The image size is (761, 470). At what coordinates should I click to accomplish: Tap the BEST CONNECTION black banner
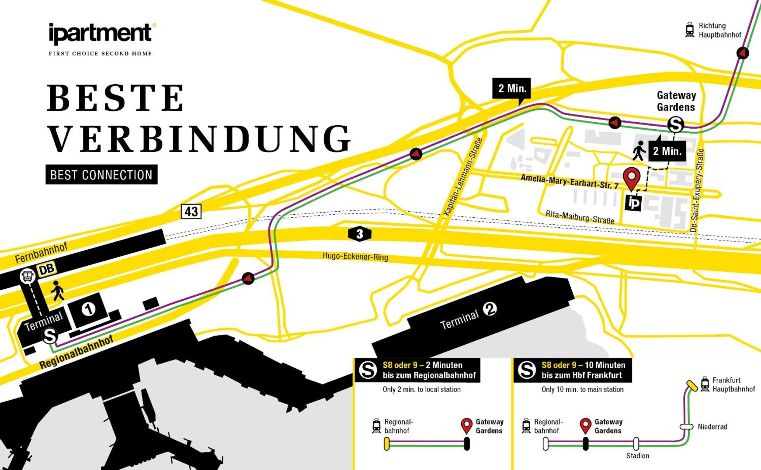coord(102,175)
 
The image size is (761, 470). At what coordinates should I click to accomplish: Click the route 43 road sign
coord(191,212)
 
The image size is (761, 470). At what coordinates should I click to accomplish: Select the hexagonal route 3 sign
coord(360,234)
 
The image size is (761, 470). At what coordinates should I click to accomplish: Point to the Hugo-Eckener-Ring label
coord(355,256)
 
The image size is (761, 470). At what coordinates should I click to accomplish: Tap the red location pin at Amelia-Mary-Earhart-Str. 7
coord(632,178)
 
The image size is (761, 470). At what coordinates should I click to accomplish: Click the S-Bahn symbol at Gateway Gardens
coord(676,125)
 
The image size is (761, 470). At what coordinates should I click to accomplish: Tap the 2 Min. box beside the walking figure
coord(667,151)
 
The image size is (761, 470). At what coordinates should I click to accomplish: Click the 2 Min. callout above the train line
coord(512,88)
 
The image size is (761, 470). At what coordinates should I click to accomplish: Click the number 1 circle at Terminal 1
coord(89,309)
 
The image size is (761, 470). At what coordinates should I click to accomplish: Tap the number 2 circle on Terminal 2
coord(490,309)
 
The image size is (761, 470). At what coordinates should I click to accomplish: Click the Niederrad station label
coord(712,426)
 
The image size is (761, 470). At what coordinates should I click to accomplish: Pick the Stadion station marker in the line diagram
coord(636,444)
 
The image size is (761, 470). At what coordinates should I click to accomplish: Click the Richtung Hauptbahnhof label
coord(719,30)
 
